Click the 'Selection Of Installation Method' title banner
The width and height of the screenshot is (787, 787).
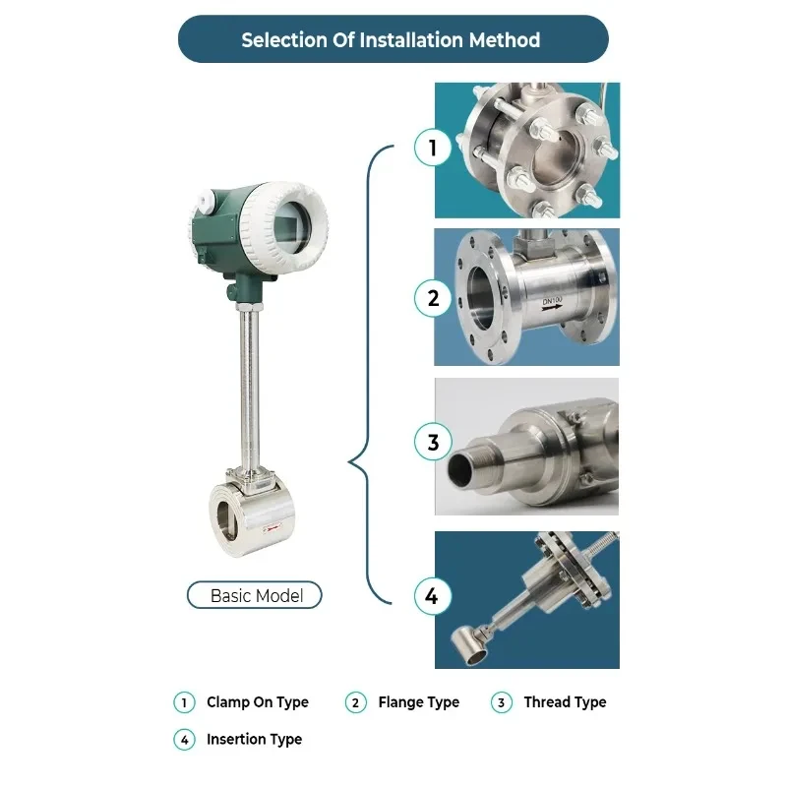[x=393, y=39]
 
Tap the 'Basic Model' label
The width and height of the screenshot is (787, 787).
[x=255, y=595]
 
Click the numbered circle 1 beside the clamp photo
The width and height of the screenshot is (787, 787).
[x=433, y=147]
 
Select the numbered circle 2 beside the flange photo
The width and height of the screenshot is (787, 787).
[x=433, y=298]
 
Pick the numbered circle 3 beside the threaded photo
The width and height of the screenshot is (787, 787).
[x=433, y=442]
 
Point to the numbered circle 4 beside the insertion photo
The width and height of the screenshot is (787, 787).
[x=433, y=596]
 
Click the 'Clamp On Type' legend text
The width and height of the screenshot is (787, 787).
[x=258, y=702]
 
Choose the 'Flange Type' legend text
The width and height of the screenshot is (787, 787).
[x=419, y=702]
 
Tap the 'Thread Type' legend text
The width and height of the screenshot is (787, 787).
[x=565, y=702]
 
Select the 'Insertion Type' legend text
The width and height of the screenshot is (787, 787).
[x=254, y=740]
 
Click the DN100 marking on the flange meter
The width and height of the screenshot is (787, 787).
[x=552, y=301]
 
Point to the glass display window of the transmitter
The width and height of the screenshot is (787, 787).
[x=292, y=227]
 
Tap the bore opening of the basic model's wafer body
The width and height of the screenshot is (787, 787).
[x=226, y=520]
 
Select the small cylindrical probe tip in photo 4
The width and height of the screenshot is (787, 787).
[x=469, y=646]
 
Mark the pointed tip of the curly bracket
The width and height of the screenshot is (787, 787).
[x=349, y=461]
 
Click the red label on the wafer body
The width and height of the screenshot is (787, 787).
[x=272, y=528]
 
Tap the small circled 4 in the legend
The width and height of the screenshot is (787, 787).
[x=184, y=740]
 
